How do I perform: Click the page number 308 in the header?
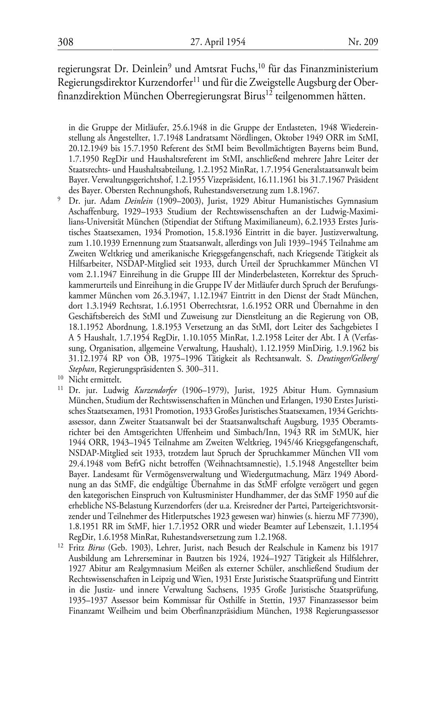(65, 42)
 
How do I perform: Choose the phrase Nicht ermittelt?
(95, 379)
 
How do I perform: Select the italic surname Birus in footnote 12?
(96, 547)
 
